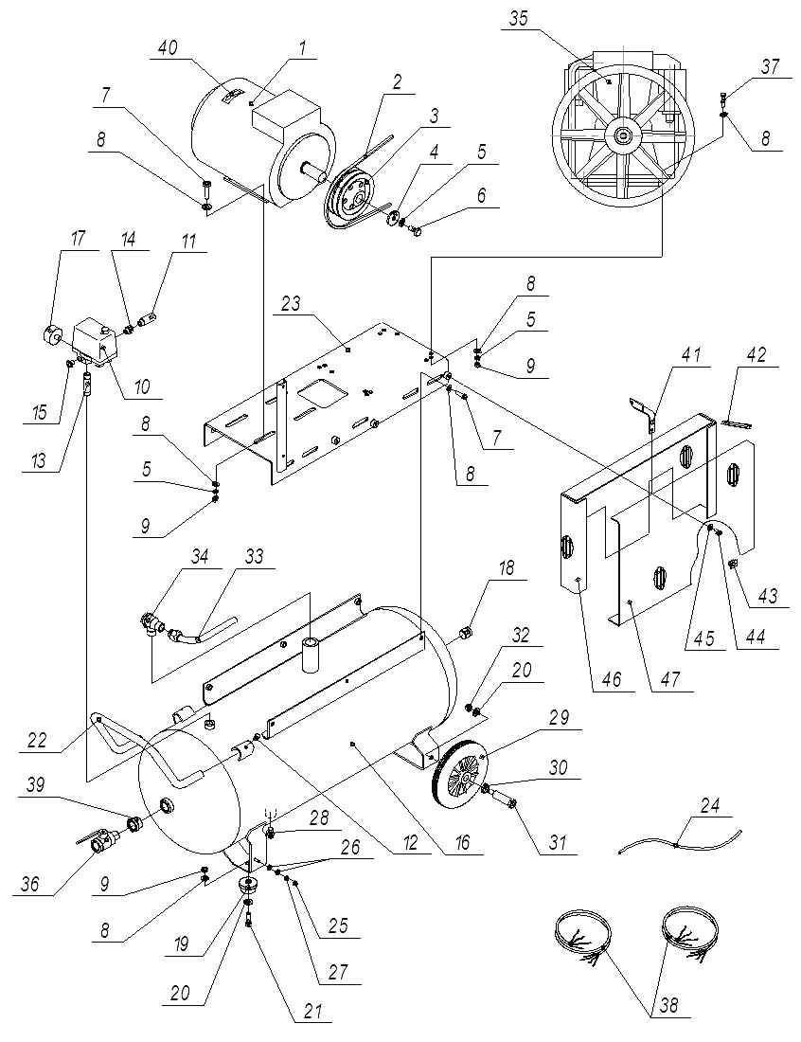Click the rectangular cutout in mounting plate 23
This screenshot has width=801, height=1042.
(x=318, y=391)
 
